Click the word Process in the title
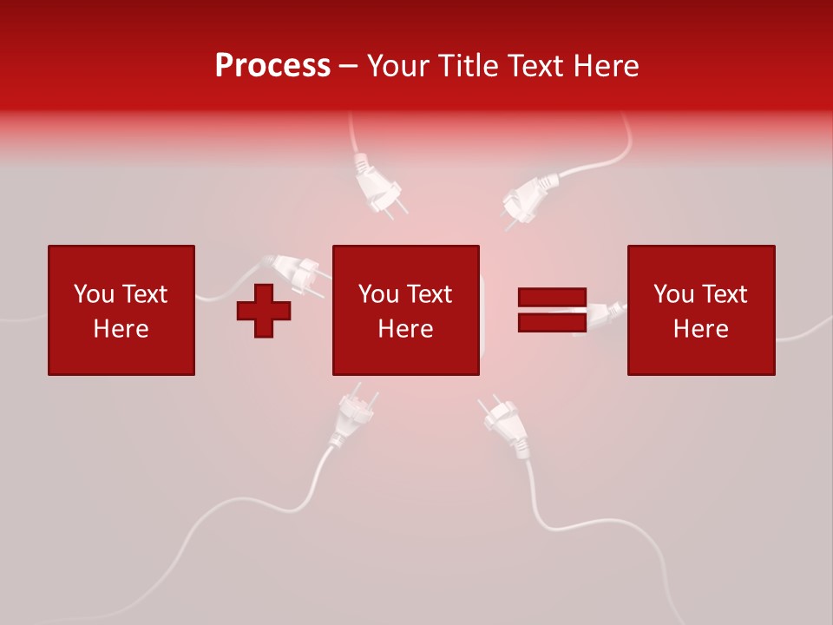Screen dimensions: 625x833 click(272, 65)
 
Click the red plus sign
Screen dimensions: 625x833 click(264, 310)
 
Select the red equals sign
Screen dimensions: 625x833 click(552, 310)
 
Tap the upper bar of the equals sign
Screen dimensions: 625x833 click(552, 298)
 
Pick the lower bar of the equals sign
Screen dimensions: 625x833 click(552, 322)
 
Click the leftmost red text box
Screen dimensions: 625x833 click(121, 310)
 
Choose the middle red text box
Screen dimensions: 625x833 click(405, 310)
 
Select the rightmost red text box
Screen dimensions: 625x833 click(700, 310)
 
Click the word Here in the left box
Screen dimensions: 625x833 click(121, 328)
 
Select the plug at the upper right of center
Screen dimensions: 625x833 click(528, 197)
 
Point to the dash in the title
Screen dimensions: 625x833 click(348, 66)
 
